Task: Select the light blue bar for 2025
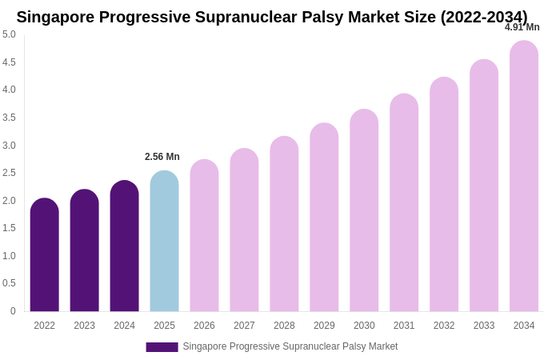(x=164, y=241)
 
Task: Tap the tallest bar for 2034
(x=524, y=176)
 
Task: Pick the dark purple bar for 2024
(x=124, y=246)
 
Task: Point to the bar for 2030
(x=364, y=210)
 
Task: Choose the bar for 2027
(x=244, y=230)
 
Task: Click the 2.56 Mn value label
(x=162, y=157)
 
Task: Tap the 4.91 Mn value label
(x=522, y=27)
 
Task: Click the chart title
(x=272, y=17)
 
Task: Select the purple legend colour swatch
(x=162, y=347)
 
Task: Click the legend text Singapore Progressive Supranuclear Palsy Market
(x=290, y=346)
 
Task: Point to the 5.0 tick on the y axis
(x=9, y=34)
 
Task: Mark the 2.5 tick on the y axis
(x=9, y=173)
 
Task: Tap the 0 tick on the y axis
(x=12, y=311)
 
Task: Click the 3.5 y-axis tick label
(x=9, y=118)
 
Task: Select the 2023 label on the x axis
(x=84, y=326)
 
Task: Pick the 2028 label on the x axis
(x=284, y=326)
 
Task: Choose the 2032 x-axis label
(x=444, y=326)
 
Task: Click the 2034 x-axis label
(x=524, y=326)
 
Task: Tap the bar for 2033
(x=484, y=186)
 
